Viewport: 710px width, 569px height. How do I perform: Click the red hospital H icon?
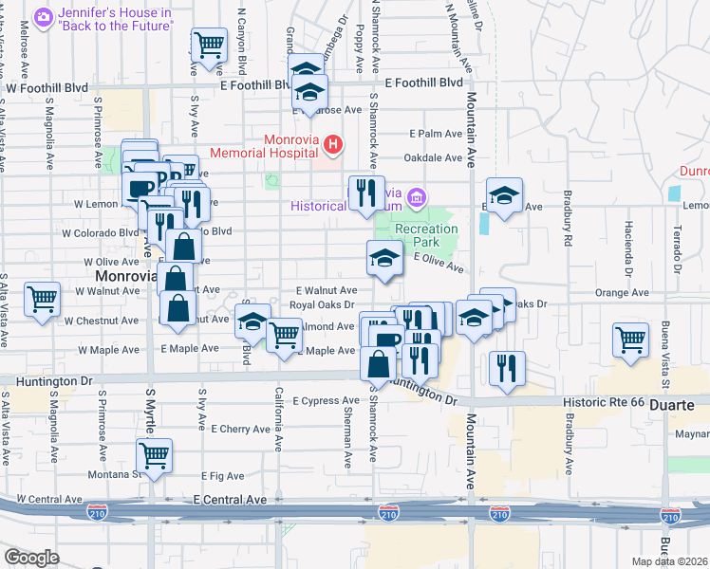tap(333, 145)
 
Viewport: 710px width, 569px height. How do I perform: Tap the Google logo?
tap(31, 558)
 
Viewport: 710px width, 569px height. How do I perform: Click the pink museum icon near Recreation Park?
tap(416, 198)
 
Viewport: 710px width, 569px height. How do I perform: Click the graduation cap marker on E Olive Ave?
tap(383, 258)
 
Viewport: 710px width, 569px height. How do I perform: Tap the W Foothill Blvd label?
tap(47, 88)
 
